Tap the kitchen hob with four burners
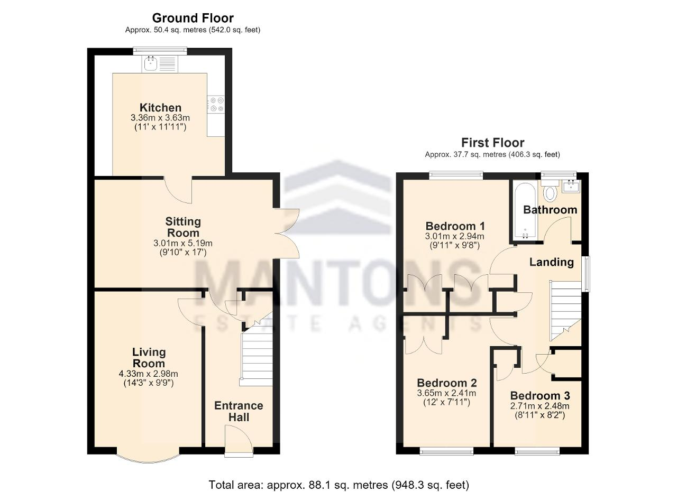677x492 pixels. [216, 104]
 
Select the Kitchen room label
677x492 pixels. [160, 107]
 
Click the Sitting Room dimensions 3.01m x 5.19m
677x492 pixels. [183, 243]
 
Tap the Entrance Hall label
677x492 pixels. [239, 411]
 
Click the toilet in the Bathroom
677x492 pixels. [550, 190]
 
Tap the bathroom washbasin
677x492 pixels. [571, 187]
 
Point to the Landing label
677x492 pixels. [552, 262]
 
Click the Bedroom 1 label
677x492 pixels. [455, 226]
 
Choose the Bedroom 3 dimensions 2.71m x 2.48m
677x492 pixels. [540, 406]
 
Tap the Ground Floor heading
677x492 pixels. [193, 18]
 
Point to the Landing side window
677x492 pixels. [586, 274]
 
